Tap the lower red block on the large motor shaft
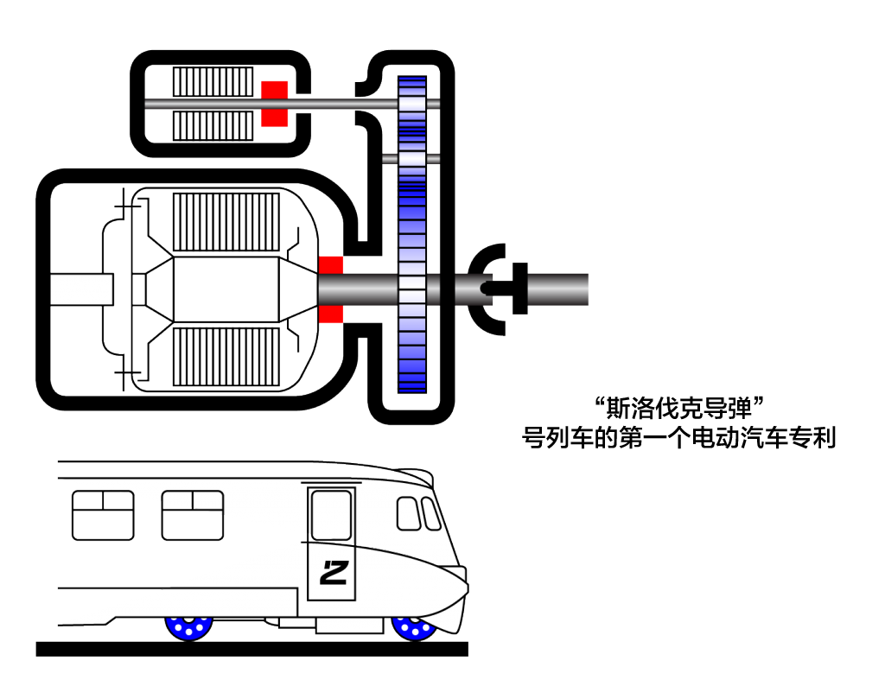331,314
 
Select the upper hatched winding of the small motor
213,82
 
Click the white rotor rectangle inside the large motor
226,289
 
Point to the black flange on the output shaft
519,289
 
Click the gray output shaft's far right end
588,289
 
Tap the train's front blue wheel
414,628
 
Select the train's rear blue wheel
189,628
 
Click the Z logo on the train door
334,572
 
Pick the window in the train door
331,515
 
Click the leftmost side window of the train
104,515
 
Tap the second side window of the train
193,515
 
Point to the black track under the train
251,649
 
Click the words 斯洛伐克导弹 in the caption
679,409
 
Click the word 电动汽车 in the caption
740,438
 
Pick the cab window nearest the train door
408,513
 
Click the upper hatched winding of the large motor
226,222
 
